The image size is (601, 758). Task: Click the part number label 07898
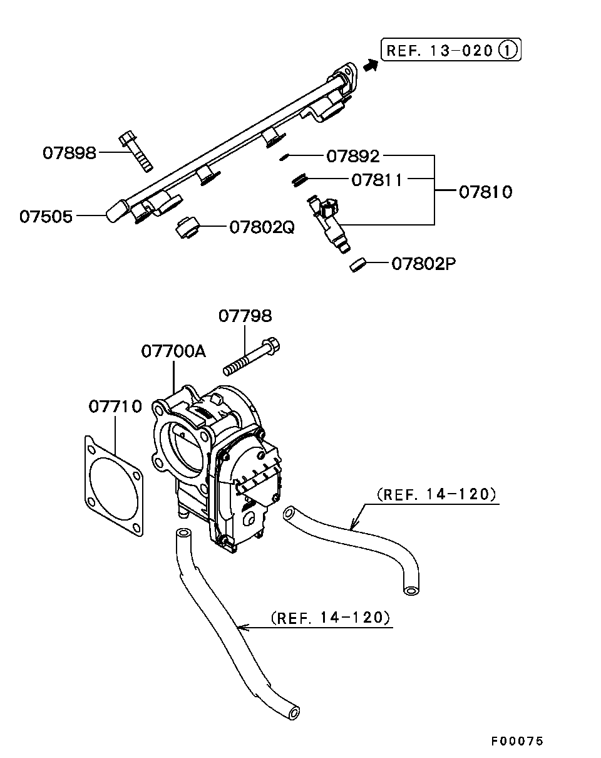click(x=69, y=153)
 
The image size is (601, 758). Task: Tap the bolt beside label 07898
click(x=136, y=152)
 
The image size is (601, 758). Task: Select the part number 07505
click(x=46, y=217)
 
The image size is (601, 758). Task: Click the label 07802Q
click(x=262, y=227)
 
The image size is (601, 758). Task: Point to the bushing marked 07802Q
click(x=188, y=228)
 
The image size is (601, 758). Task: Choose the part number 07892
click(x=353, y=156)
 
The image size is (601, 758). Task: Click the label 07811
click(x=377, y=180)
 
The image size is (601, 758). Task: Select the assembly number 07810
click(x=486, y=192)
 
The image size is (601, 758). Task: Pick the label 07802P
click(x=424, y=264)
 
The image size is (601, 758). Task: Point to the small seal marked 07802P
click(x=359, y=265)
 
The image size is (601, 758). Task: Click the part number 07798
click(x=245, y=316)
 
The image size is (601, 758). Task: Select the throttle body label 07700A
click(x=173, y=351)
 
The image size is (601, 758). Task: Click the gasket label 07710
click(x=115, y=407)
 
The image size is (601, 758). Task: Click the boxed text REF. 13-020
click(x=439, y=51)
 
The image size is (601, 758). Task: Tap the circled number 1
click(x=508, y=50)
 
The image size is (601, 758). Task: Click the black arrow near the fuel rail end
click(x=371, y=66)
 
